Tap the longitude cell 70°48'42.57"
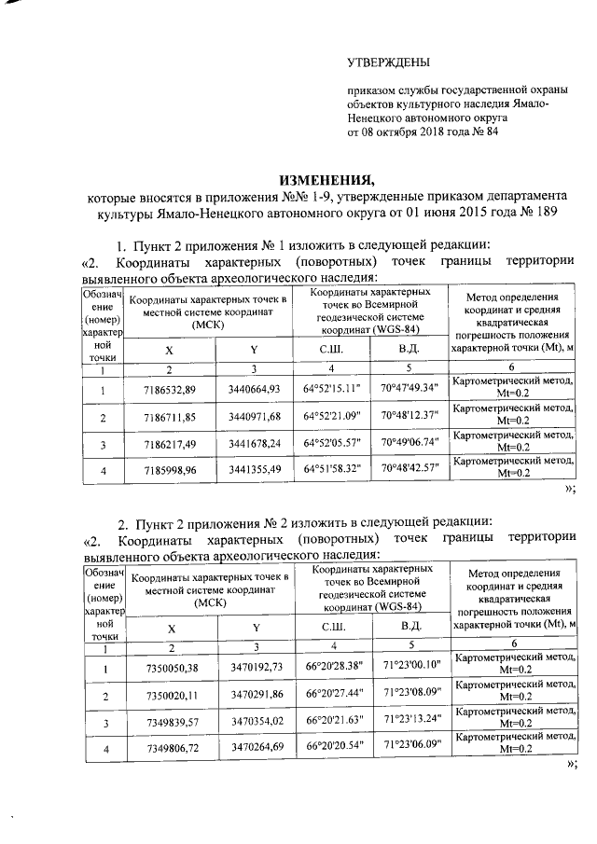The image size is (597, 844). coord(410,472)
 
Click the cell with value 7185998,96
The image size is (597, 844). coord(170,472)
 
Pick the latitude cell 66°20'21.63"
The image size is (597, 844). coord(334,724)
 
